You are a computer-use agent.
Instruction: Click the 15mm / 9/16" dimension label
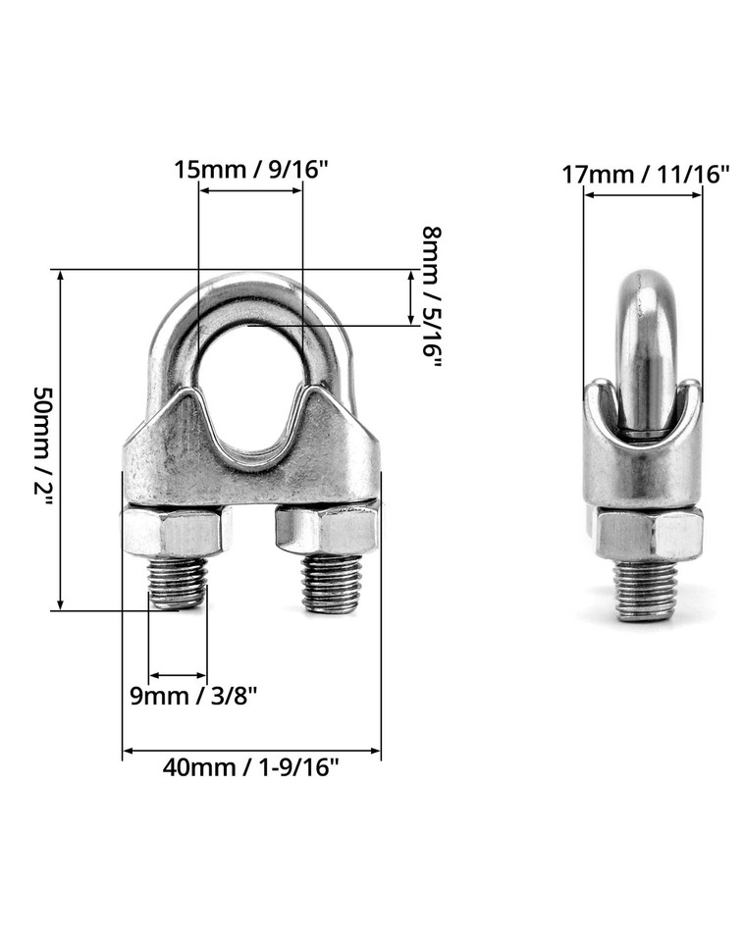point(250,169)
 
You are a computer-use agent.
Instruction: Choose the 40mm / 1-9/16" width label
point(250,767)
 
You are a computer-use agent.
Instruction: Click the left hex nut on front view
point(173,532)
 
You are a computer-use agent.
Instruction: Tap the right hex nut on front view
point(327,530)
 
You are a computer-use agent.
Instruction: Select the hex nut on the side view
point(647,535)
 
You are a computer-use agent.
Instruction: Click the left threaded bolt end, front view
point(178,583)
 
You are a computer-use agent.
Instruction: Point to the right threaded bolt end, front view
point(331,585)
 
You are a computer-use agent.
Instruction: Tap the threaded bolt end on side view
point(646,591)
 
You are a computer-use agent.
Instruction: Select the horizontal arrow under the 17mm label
point(643,194)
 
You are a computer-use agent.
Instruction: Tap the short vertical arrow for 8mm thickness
point(410,297)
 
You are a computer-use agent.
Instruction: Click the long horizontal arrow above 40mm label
point(251,752)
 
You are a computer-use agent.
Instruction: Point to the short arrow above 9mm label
point(178,676)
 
